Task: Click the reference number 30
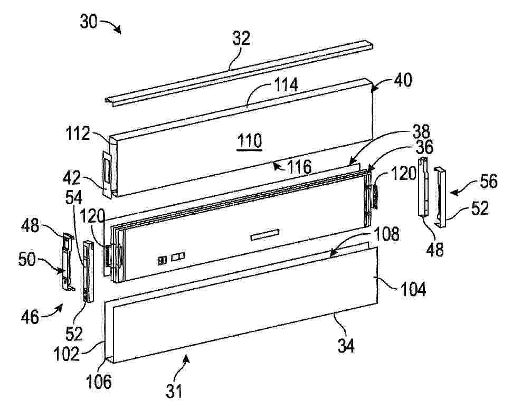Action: pos(89,22)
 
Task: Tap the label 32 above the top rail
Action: pos(241,38)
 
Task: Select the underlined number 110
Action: pos(250,141)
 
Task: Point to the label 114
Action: pos(286,85)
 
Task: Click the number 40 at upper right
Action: pos(403,80)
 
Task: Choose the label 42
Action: pos(72,178)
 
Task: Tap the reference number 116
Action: pos(299,167)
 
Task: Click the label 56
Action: pos(488,181)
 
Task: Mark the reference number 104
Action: pos(413,289)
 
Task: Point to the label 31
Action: pos(174,391)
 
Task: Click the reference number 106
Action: pos(99,381)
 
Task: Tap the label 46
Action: pos(30,317)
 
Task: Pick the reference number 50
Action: pos(27,260)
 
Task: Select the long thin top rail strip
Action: pos(239,73)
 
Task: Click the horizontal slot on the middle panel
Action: pos(265,234)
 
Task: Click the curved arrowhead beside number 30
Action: pos(119,31)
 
